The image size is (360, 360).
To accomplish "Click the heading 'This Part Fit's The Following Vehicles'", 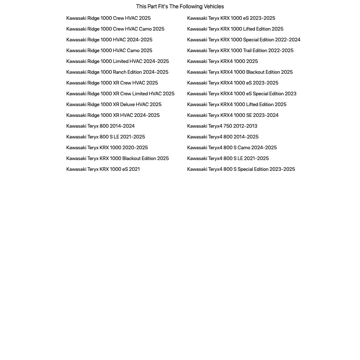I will pyautogui.click(x=180, y=6).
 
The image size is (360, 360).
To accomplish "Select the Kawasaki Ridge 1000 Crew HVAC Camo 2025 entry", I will pyautogui.click(x=115, y=29).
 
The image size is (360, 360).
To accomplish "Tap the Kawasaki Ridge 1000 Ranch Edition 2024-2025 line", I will pyautogui.click(x=117, y=72).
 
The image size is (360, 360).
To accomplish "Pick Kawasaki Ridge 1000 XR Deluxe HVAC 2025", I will pyautogui.click(x=114, y=104).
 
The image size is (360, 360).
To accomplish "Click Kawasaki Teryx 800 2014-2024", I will pyautogui.click(x=100, y=126).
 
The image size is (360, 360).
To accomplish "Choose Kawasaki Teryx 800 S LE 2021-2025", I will pyautogui.click(x=105, y=137).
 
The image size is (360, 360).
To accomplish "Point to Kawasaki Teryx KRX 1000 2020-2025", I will pyautogui.click(x=107, y=147).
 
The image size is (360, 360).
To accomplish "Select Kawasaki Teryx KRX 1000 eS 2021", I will pyautogui.click(x=103, y=169).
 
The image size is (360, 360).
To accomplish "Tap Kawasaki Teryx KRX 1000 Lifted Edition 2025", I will pyautogui.click(x=235, y=29).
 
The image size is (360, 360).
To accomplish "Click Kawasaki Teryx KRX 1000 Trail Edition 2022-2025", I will pyautogui.click(x=240, y=50).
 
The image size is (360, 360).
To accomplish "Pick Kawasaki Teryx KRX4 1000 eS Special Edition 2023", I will pyautogui.click(x=242, y=94).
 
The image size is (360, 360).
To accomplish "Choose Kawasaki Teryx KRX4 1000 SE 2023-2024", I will pyautogui.click(x=233, y=115).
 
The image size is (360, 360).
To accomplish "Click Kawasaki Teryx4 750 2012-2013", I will pyautogui.click(x=222, y=126).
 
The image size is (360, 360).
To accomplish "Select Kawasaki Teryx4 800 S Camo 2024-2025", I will pyautogui.click(x=232, y=147).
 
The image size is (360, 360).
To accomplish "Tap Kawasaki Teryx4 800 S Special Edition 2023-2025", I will pyautogui.click(x=241, y=169).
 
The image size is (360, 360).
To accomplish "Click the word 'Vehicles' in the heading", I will pyautogui.click(x=214, y=6).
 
